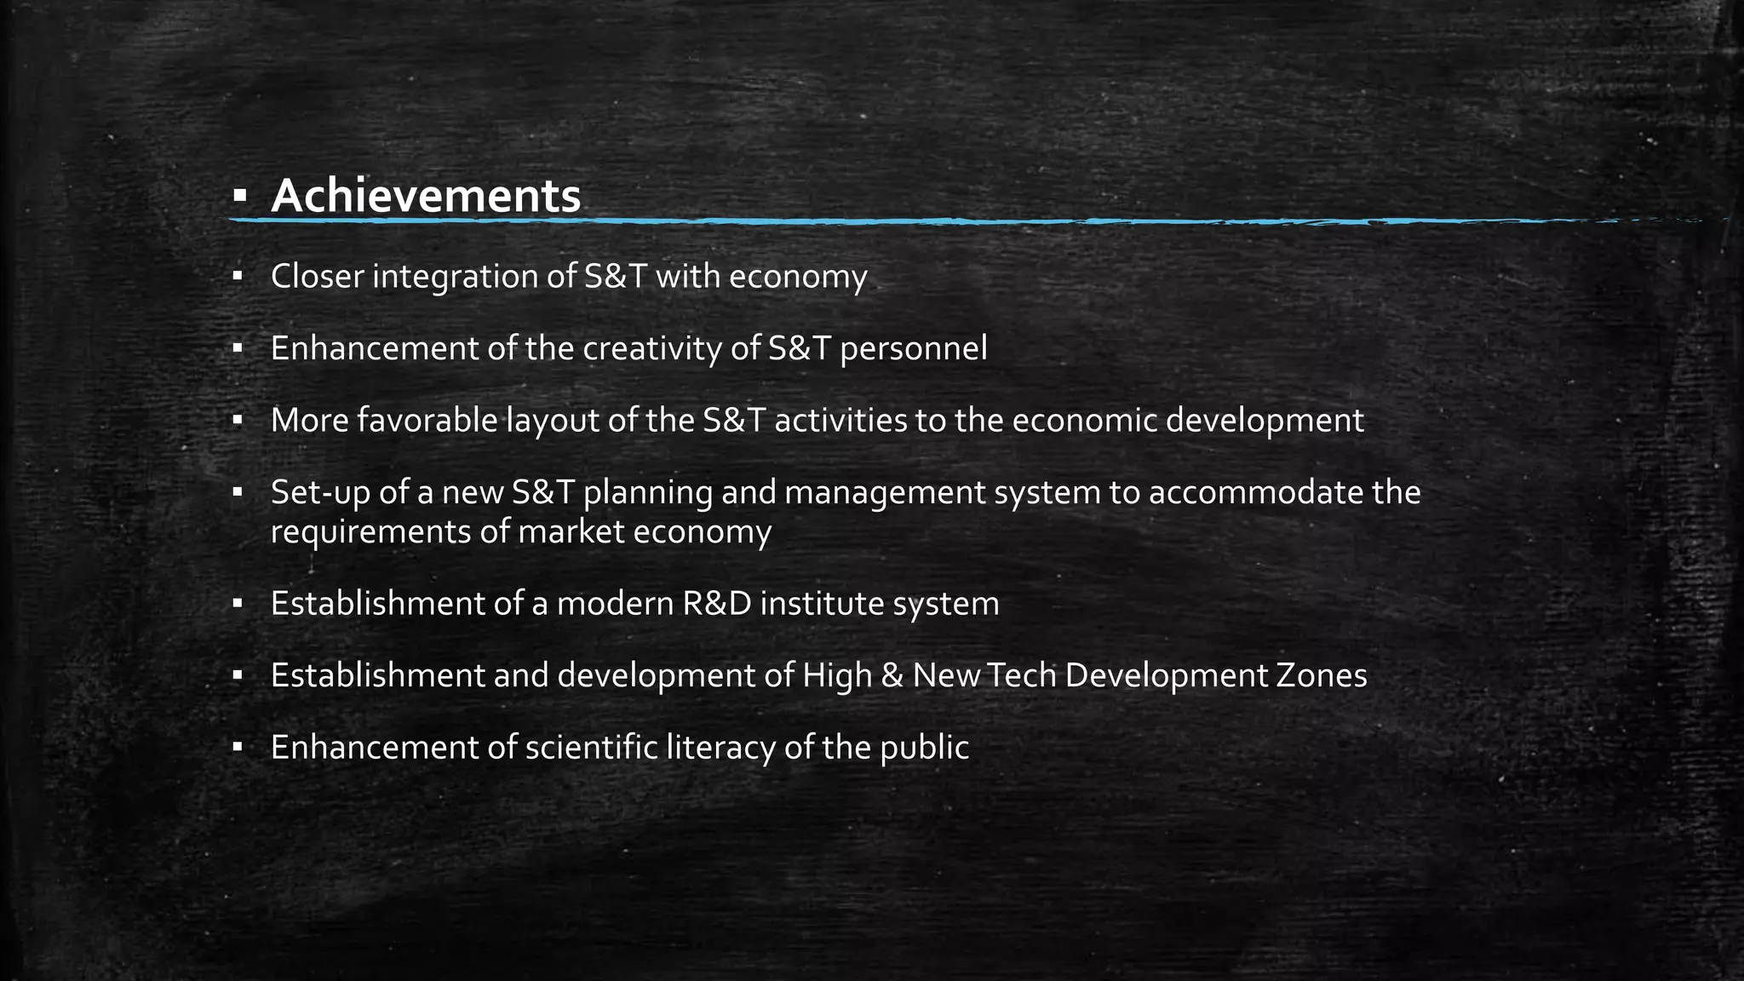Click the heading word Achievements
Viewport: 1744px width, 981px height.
(426, 197)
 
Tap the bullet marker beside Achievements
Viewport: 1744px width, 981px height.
(239, 198)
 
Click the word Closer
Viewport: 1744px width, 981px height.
(318, 277)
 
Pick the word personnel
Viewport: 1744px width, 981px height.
(914, 348)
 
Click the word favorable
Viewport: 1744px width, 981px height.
(427, 421)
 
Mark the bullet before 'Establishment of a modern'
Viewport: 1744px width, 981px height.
(238, 605)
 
